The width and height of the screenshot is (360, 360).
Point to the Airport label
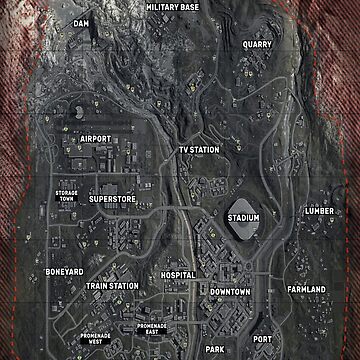[x=95, y=138]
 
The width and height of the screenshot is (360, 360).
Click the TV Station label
[x=198, y=150]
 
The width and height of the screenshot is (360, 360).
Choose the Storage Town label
[x=65, y=194]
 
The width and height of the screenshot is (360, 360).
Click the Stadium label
[x=243, y=217]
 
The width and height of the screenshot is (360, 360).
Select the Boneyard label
[x=63, y=272]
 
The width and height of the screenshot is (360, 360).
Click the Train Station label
[x=112, y=286]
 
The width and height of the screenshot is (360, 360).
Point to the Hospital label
[x=178, y=274]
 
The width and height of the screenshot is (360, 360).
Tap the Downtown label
[x=230, y=291]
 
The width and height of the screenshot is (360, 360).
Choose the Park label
[x=215, y=349]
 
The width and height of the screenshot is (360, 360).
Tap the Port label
[x=261, y=339]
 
